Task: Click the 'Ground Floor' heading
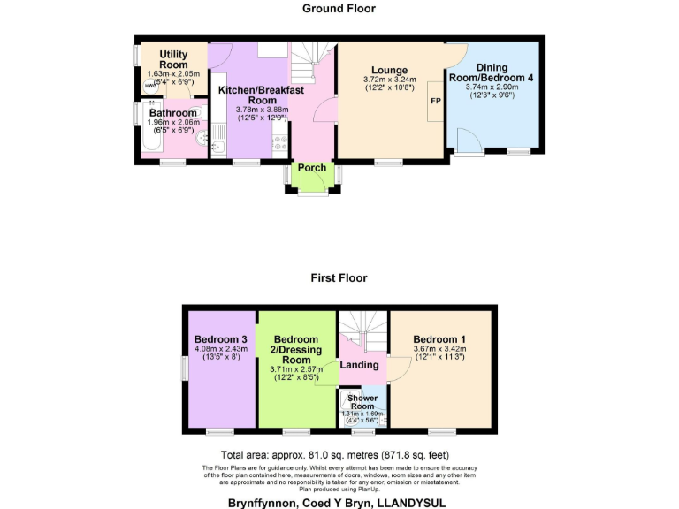339,9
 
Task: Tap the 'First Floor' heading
339,277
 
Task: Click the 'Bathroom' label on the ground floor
172,113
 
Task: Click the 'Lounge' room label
389,70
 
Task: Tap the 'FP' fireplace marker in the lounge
435,102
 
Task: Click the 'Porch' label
311,167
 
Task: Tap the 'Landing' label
361,364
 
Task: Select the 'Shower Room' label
362,402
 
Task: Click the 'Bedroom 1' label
439,339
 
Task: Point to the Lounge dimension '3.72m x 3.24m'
389,80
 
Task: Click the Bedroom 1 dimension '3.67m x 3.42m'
439,350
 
